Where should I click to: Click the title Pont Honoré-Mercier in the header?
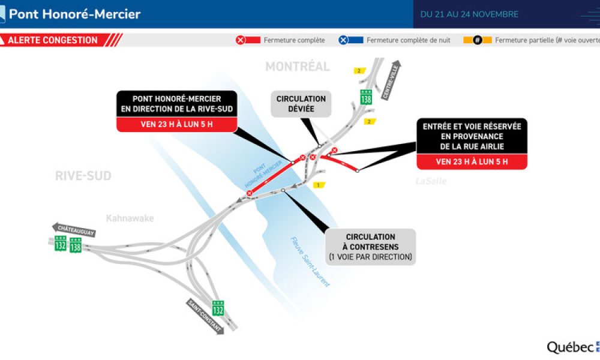(74, 14)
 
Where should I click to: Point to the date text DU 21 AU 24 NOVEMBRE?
(469, 14)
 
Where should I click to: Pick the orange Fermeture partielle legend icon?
(478, 40)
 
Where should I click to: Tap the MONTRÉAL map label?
(298, 67)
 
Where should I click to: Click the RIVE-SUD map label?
(83, 176)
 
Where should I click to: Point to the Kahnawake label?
(130, 218)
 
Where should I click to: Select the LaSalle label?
(431, 181)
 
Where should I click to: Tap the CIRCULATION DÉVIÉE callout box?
(301, 104)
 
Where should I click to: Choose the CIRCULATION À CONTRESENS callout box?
(370, 247)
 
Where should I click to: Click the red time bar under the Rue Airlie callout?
(472, 161)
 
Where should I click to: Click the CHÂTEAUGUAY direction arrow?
(74, 230)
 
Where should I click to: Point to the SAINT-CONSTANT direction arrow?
(205, 316)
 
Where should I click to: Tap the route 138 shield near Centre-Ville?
(366, 97)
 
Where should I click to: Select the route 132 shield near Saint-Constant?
(218, 308)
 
